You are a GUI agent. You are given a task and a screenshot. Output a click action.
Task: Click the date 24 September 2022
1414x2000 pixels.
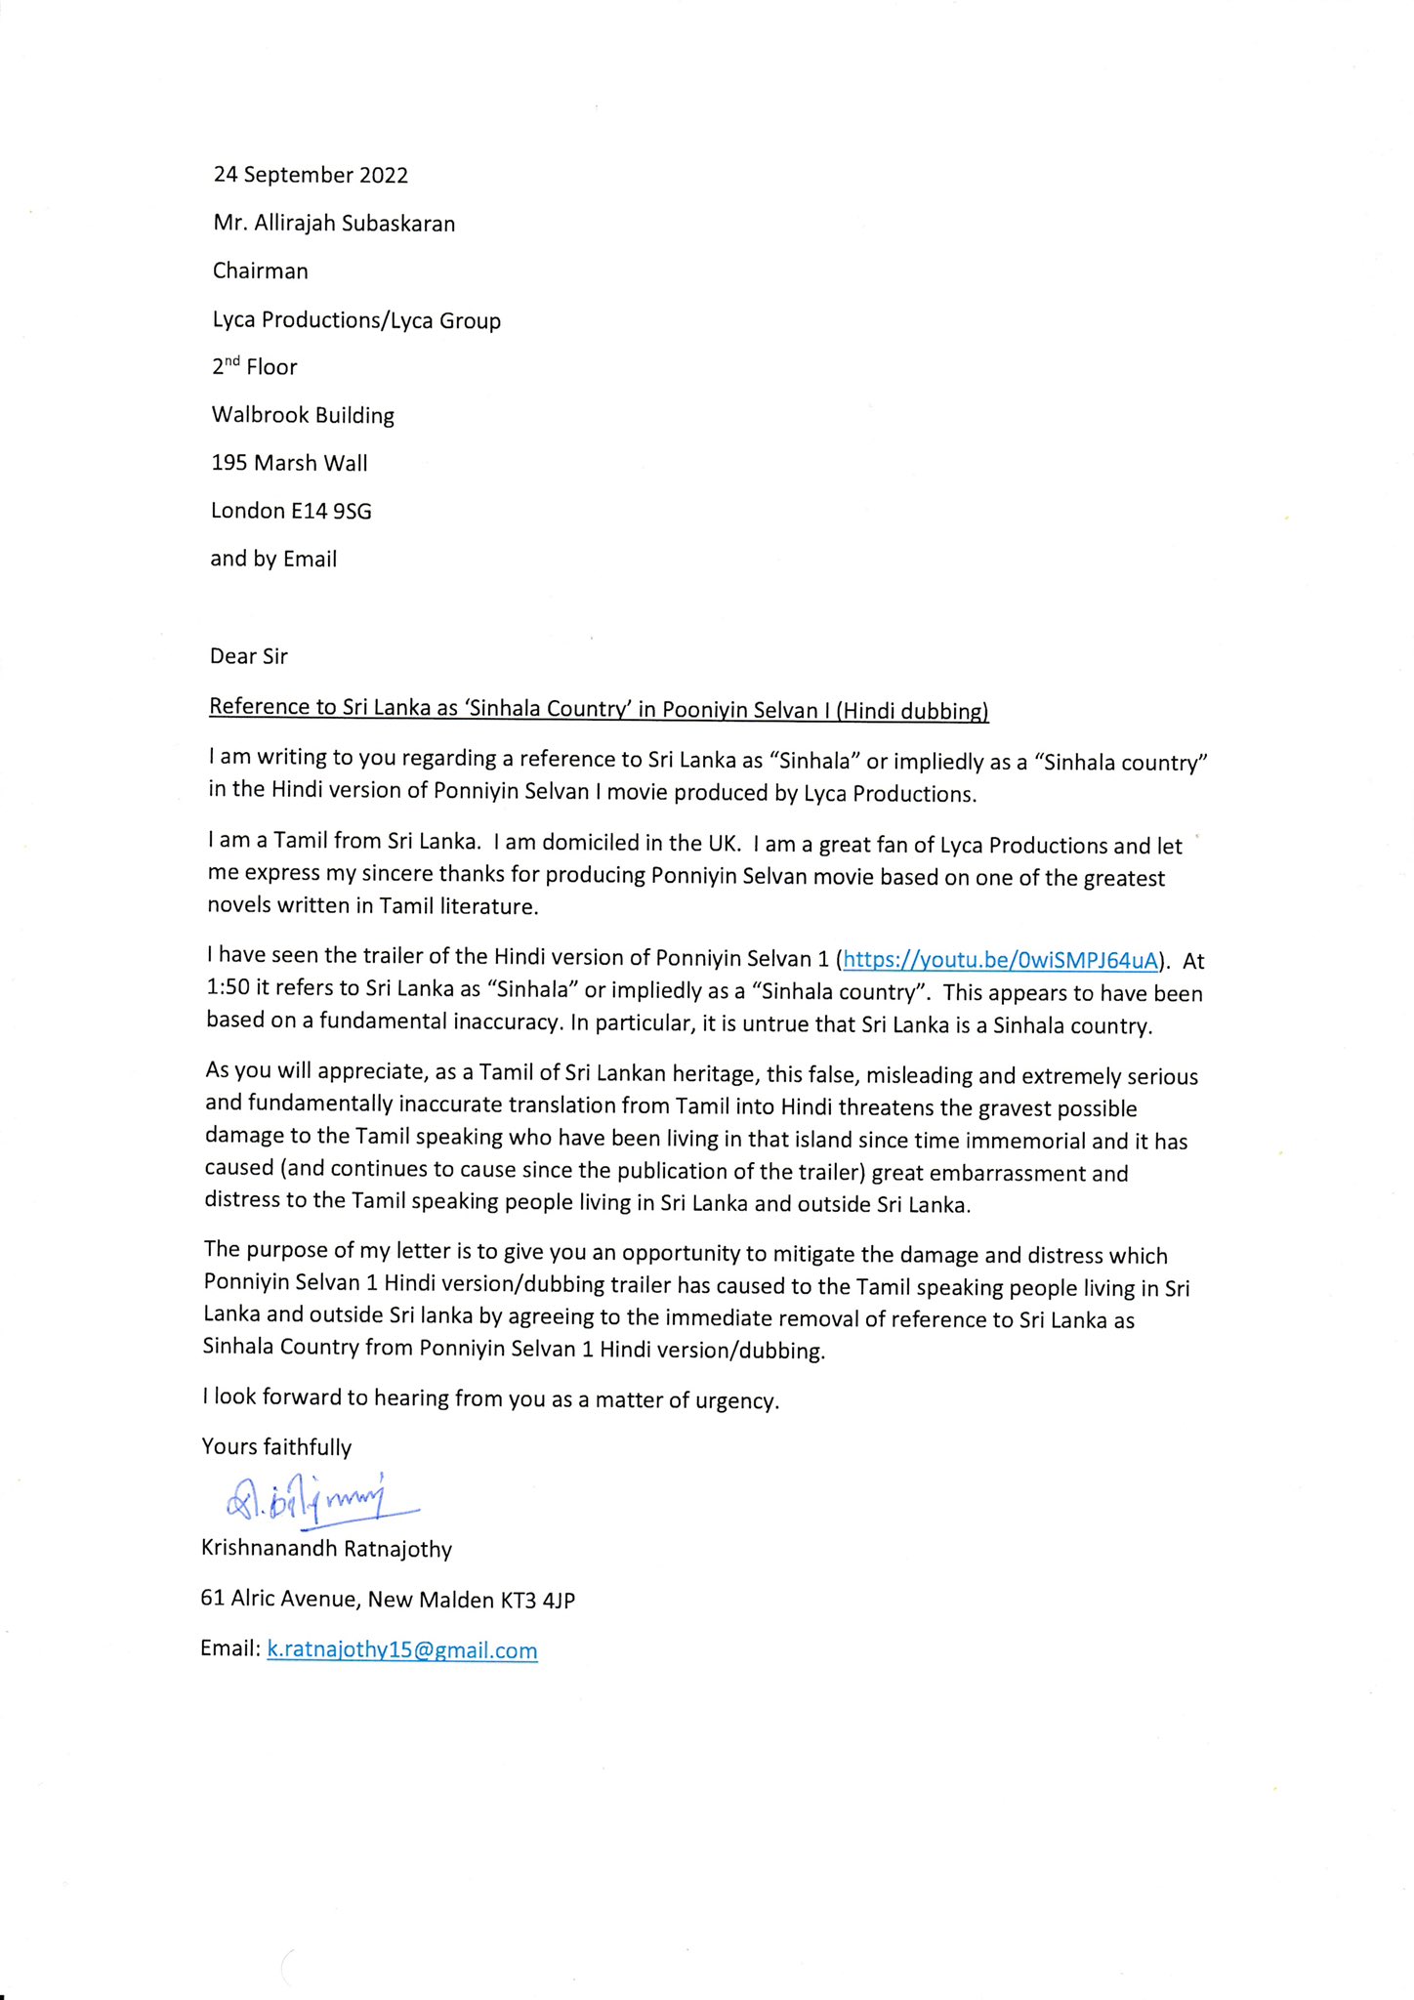pos(311,175)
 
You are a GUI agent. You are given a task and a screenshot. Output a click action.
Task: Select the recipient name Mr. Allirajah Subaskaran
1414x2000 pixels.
pos(334,224)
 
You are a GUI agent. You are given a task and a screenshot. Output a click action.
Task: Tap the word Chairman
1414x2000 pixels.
pos(260,271)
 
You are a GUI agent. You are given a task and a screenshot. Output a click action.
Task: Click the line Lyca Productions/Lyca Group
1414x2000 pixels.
pos(356,320)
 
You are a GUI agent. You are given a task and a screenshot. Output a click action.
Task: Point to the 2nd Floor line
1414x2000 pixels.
pos(254,367)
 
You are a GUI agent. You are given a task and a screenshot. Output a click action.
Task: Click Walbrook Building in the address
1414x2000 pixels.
pos(303,415)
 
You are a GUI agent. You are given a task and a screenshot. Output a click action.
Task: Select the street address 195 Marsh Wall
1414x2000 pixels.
pos(289,463)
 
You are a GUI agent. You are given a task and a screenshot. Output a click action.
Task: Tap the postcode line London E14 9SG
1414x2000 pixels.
pos(291,511)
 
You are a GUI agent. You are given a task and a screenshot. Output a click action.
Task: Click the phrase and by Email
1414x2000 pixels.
pos(273,560)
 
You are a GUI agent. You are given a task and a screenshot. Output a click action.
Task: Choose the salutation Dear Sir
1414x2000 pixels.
pos(248,656)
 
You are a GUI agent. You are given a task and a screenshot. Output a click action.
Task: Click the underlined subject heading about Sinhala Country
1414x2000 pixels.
pos(599,709)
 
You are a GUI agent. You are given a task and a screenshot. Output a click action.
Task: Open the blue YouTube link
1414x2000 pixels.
pos(1000,960)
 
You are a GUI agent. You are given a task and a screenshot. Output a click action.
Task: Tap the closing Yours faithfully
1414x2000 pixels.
pos(276,1447)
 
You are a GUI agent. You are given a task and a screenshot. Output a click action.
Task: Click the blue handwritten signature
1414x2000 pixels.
pos(312,1497)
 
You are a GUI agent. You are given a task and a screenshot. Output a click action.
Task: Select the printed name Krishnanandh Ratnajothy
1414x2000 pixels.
pos(326,1549)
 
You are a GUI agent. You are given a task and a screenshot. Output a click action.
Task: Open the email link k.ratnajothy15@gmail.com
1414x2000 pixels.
pos(401,1650)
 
